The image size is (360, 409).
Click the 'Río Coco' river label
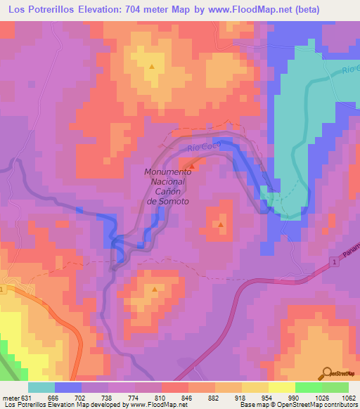click(x=205, y=147)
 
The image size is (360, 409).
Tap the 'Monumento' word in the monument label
click(x=167, y=171)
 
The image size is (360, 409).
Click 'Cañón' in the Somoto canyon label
click(x=167, y=191)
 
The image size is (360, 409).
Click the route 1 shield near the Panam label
click(x=335, y=262)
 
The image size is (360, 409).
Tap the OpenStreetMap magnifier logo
click(x=328, y=372)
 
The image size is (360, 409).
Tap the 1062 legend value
click(x=349, y=397)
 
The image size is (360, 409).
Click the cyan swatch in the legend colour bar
click(x=41, y=387)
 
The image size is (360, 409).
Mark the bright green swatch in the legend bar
click(x=308, y=387)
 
